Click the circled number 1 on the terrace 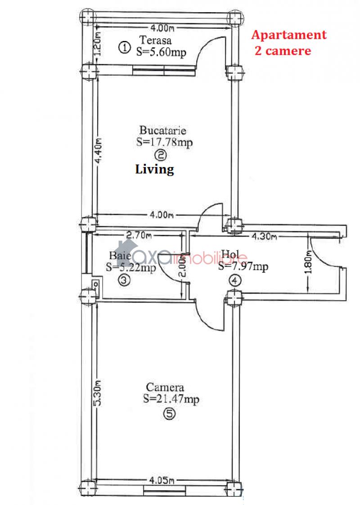[x=125, y=47]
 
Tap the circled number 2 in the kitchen [x=161, y=156]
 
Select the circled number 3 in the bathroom [x=125, y=280]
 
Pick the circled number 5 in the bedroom [x=169, y=415]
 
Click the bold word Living [x=154, y=170]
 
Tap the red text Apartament [x=288, y=35]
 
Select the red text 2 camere [x=283, y=50]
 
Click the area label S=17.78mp [x=164, y=142]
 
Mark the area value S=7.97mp [x=243, y=267]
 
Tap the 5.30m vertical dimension [x=97, y=393]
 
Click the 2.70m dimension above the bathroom [x=139, y=234]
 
